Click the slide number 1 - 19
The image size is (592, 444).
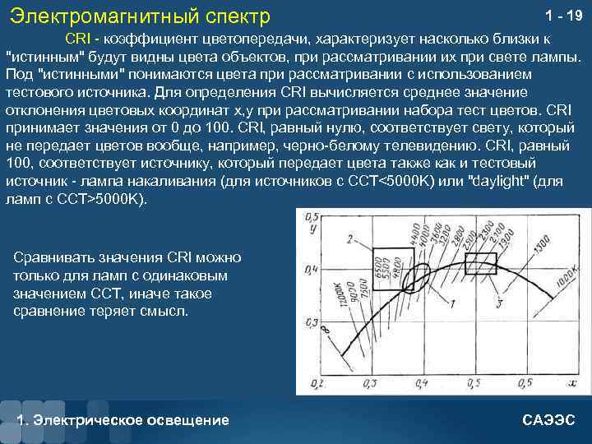click(563, 15)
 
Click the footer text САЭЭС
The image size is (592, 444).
click(549, 419)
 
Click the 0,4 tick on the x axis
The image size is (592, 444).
click(422, 384)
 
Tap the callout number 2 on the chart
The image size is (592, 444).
click(349, 239)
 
